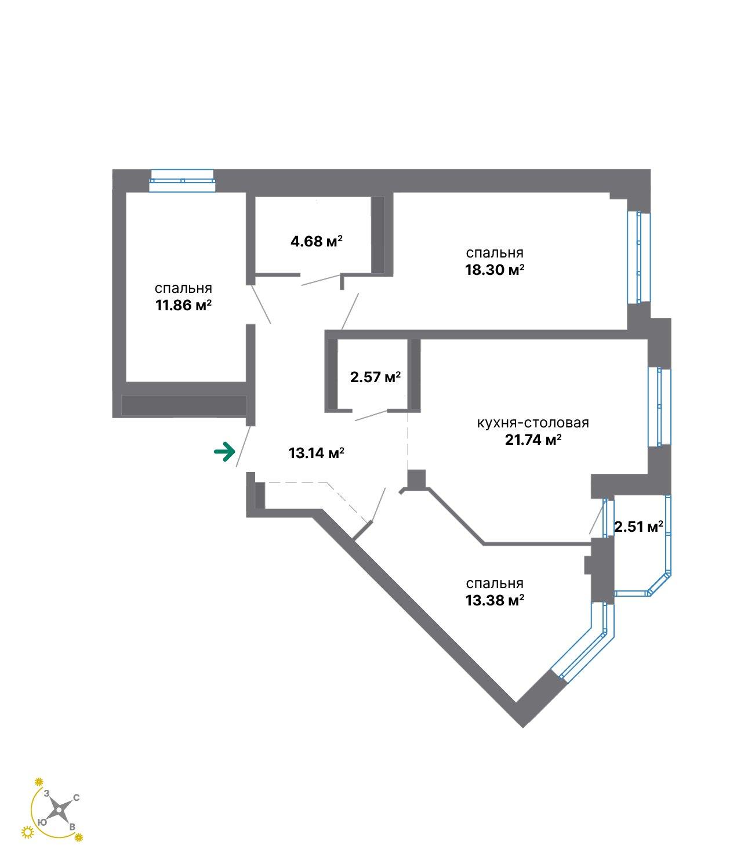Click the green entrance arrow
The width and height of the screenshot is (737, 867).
tap(224, 451)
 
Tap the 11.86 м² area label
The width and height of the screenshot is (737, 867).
tap(183, 305)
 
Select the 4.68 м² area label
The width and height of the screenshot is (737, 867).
tap(317, 241)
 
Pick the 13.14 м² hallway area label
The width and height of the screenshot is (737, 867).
tap(317, 453)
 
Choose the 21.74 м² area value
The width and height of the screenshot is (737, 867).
tap(533, 440)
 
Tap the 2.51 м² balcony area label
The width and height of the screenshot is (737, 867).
tap(638, 527)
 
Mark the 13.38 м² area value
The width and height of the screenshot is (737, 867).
tap(495, 600)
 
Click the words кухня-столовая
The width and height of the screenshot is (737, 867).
tap(533, 423)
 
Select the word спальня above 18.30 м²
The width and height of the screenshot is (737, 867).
tap(495, 253)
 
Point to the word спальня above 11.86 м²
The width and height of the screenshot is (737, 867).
tap(183, 288)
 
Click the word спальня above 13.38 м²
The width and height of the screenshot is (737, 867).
tap(495, 583)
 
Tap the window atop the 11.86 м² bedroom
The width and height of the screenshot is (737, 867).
tap(182, 180)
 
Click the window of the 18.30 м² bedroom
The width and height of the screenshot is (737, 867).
tap(639, 257)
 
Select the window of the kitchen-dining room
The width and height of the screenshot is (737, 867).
tap(659, 407)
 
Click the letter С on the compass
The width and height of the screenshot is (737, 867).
tap(77, 798)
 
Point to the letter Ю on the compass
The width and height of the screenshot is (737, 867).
tap(42, 822)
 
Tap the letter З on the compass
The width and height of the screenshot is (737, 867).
tap(46, 793)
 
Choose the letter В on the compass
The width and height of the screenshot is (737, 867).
tap(72, 826)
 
